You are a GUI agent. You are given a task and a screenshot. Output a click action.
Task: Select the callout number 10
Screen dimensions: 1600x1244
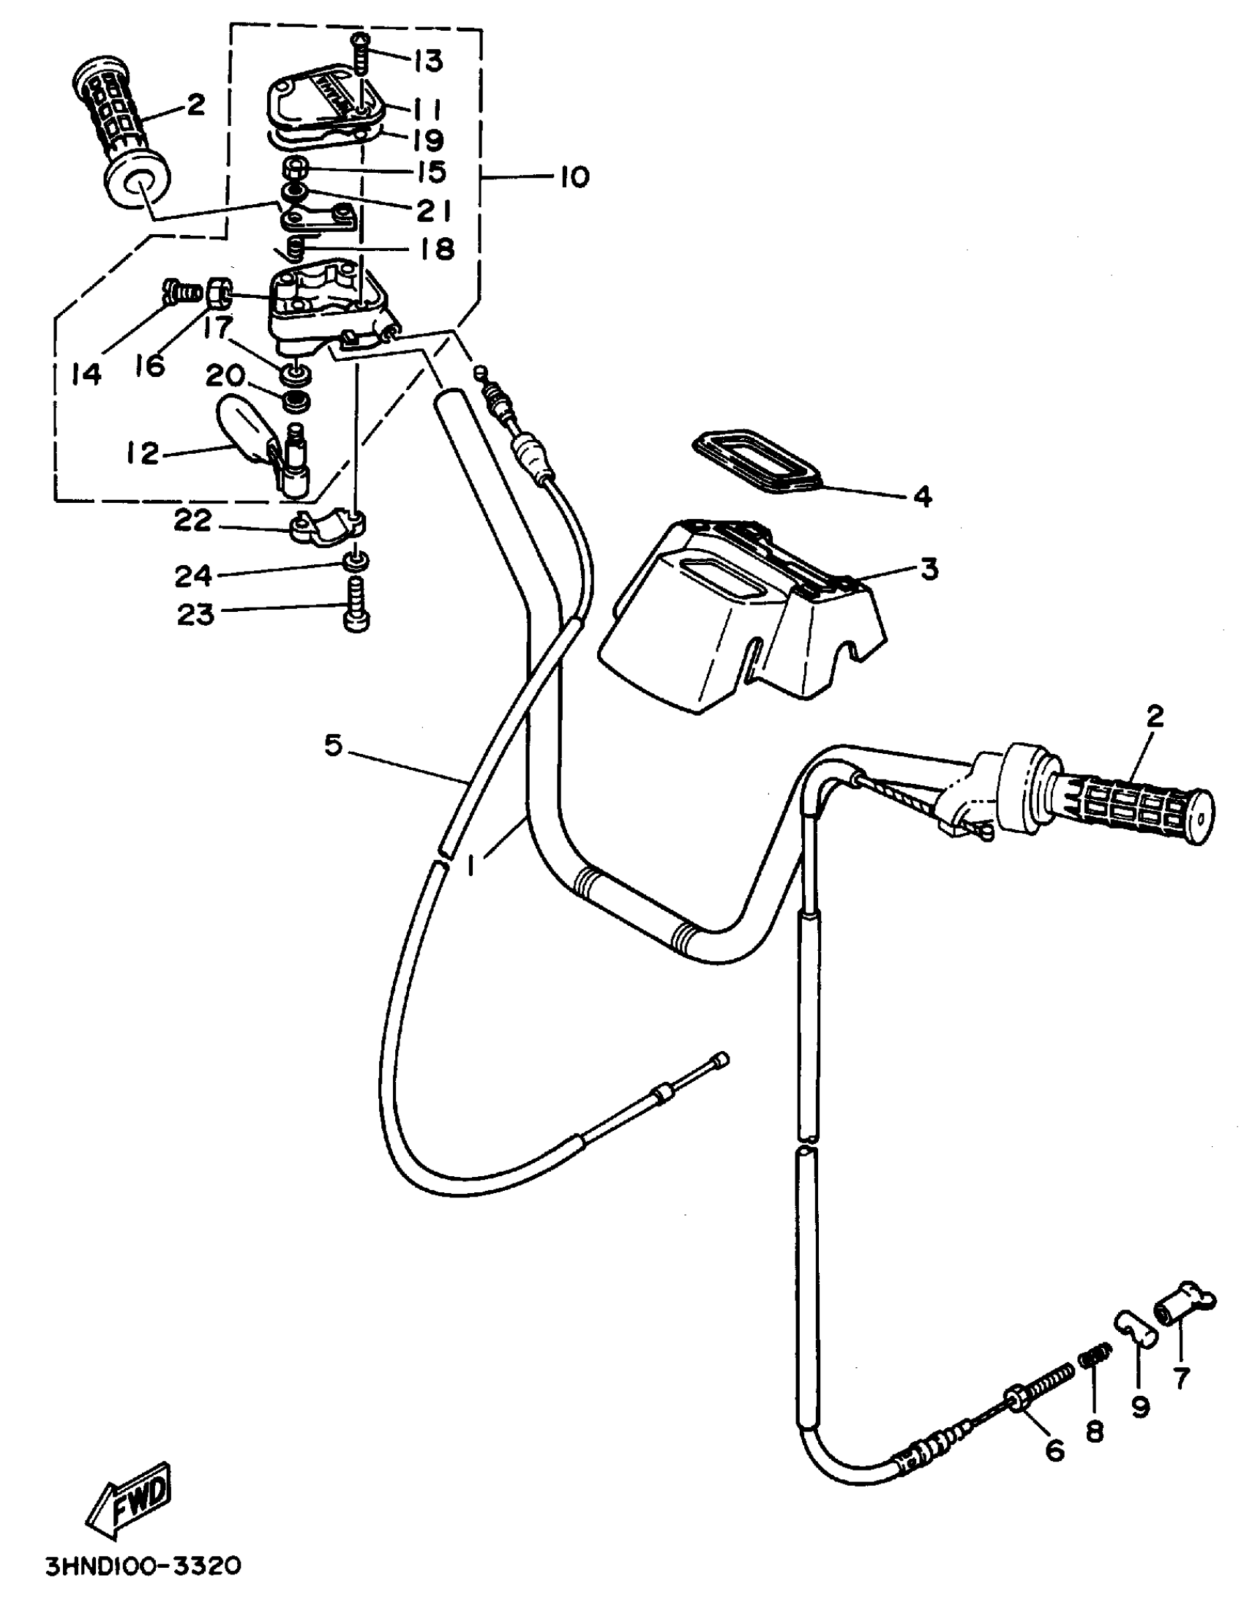574,178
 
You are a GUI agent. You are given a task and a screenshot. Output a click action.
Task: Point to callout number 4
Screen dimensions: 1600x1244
922,498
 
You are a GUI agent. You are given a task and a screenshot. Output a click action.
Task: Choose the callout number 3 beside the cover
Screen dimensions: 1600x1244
929,569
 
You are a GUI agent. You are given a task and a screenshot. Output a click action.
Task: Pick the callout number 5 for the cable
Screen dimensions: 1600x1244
334,746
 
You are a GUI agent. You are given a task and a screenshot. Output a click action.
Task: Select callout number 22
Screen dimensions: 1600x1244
192,521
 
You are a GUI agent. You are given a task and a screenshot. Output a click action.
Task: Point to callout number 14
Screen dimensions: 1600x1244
86,373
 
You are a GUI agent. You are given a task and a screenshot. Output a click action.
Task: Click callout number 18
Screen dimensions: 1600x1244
438,248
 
